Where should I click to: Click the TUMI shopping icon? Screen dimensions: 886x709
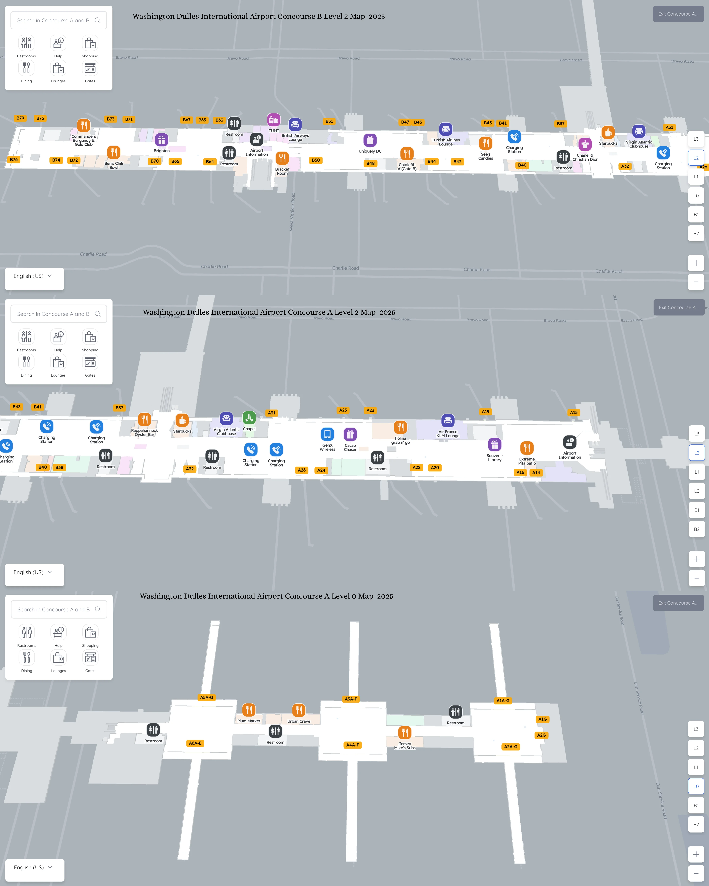pyautogui.click(x=274, y=120)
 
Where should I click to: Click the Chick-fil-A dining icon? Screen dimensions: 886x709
pyautogui.click(x=407, y=154)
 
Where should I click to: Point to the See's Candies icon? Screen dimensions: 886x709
pyautogui.click(x=485, y=143)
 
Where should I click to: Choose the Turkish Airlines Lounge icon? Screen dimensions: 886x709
pyautogui.click(x=446, y=129)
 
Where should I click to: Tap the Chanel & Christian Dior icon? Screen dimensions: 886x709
pyautogui.click(x=585, y=144)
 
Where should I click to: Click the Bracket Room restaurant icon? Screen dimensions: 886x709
pyautogui.click(x=282, y=158)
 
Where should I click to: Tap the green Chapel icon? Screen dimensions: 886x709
pyautogui.click(x=249, y=418)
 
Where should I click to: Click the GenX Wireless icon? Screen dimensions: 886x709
pyautogui.click(x=327, y=434)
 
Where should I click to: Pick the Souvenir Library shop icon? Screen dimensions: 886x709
pyautogui.click(x=494, y=445)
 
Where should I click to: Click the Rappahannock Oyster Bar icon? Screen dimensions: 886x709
pyautogui.click(x=144, y=420)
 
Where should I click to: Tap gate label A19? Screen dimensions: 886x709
pyautogui.click(x=485, y=411)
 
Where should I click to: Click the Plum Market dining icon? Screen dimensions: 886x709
pyautogui.click(x=249, y=710)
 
